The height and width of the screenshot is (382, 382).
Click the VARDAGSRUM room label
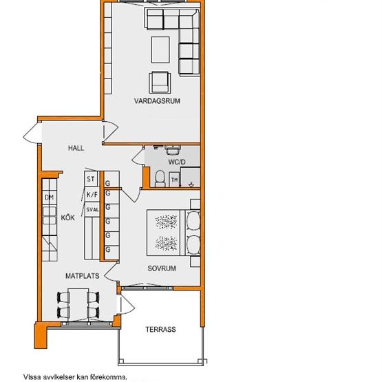(157, 101)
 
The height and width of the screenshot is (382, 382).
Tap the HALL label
(76, 148)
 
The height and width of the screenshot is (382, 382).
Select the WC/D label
(177, 162)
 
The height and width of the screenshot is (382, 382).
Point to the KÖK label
(67, 217)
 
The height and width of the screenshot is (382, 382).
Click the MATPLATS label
(83, 276)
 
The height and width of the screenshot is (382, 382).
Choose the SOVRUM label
(162, 268)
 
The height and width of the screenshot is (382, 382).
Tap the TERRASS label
(160, 330)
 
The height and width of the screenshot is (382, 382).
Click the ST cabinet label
(91, 179)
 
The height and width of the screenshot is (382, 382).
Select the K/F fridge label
(92, 195)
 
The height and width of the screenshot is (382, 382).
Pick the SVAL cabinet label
(93, 209)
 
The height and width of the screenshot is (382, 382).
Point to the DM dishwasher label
(49, 198)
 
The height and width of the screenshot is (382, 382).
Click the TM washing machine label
(174, 180)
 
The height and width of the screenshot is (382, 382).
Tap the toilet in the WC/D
(160, 178)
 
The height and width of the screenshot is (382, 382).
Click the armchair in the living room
(160, 82)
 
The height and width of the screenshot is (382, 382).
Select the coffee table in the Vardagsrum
(160, 50)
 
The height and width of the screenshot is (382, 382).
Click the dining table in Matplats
(78, 304)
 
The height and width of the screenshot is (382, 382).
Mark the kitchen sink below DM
(50, 215)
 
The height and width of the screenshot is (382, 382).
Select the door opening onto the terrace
(126, 304)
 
